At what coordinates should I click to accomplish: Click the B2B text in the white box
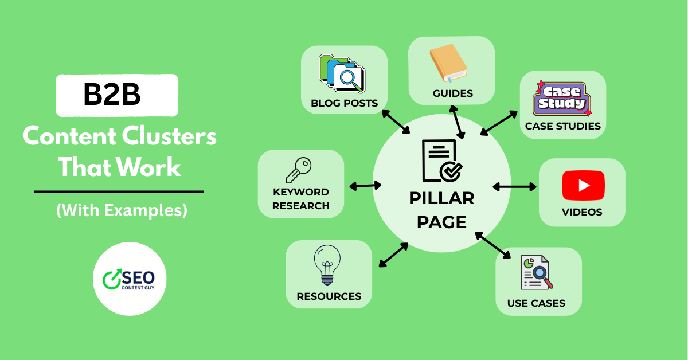(112, 95)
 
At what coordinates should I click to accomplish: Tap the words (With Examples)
(122, 210)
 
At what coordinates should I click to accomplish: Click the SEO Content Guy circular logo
(130, 279)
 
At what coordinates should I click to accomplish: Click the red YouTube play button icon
(583, 185)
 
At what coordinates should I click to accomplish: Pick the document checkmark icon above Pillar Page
(442, 161)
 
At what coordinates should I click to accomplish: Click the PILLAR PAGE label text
(441, 209)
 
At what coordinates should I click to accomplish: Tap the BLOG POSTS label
(344, 103)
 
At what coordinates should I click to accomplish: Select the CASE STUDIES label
(562, 126)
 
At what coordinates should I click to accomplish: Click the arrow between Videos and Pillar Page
(514, 186)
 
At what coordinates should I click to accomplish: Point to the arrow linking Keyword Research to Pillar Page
(365, 186)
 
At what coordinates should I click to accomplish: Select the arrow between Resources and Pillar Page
(393, 255)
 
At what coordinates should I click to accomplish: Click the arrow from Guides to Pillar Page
(457, 121)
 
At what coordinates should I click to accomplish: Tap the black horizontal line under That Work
(119, 191)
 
